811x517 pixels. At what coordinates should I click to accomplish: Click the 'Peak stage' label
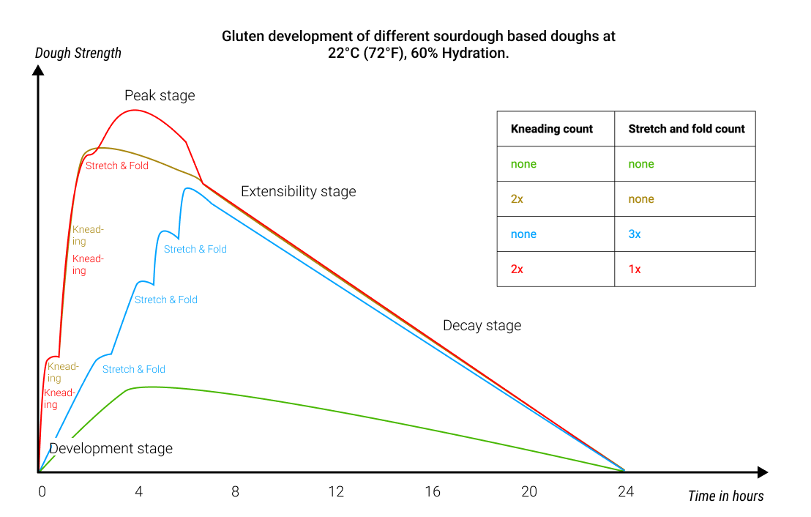click(160, 96)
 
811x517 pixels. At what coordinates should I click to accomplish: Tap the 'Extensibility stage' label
click(298, 192)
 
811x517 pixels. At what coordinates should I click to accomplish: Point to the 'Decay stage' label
click(482, 326)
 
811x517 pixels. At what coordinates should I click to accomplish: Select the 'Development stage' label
click(111, 449)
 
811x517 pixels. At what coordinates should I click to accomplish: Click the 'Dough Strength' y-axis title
click(78, 53)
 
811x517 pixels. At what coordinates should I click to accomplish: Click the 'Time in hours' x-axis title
click(725, 496)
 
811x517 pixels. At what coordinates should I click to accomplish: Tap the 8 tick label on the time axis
click(235, 492)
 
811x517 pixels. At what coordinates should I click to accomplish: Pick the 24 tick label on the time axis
click(625, 492)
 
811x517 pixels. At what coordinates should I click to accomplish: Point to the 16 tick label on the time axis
click(433, 492)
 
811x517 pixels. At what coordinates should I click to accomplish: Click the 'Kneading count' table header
click(552, 129)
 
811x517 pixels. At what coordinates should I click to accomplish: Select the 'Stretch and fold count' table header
click(686, 129)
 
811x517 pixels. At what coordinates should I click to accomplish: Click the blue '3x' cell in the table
click(635, 234)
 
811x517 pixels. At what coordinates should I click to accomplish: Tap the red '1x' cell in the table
click(635, 269)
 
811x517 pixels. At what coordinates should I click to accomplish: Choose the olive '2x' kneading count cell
click(517, 199)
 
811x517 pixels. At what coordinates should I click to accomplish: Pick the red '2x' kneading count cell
click(517, 269)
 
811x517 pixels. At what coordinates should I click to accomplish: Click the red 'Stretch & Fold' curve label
click(117, 166)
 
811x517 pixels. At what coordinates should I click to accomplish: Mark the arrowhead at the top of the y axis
click(38, 70)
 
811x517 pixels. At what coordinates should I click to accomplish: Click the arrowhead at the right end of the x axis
click(763, 472)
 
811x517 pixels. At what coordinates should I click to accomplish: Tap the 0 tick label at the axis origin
click(42, 492)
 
